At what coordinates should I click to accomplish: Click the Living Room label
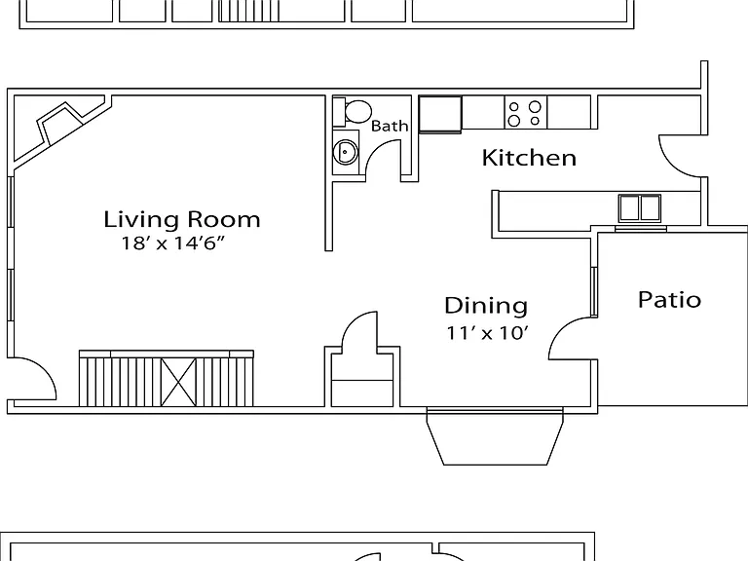[182, 219]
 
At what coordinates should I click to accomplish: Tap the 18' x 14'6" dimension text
[172, 243]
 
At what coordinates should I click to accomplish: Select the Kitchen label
[529, 158]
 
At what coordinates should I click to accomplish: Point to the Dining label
[486, 306]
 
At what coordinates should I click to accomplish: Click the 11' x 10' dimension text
[488, 332]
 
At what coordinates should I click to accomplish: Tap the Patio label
[669, 300]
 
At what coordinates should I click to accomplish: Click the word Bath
[390, 126]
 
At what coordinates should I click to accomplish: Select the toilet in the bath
[353, 112]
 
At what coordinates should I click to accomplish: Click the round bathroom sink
[345, 152]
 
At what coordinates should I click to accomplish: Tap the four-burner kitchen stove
[526, 113]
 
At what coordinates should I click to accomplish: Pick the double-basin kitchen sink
[640, 208]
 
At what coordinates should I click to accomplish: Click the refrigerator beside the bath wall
[440, 115]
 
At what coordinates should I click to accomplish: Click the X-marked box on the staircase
[178, 382]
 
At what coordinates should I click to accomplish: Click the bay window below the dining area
[495, 436]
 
